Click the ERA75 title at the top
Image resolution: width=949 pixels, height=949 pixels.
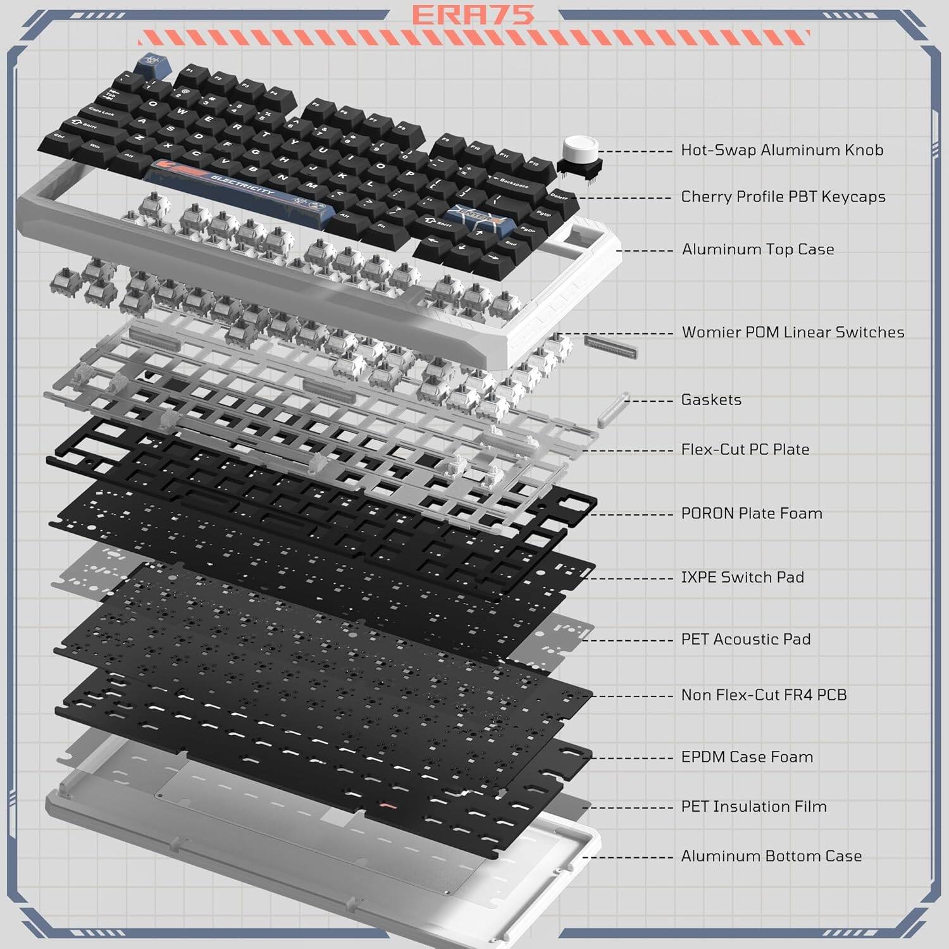pos(473,15)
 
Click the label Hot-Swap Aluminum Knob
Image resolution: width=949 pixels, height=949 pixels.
pos(782,151)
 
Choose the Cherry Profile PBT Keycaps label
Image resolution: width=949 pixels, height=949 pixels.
pos(783,197)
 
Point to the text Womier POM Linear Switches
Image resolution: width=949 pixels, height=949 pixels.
pos(793,333)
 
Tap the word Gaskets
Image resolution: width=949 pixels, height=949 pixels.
pos(711,400)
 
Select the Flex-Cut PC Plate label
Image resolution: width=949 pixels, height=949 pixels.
pos(745,450)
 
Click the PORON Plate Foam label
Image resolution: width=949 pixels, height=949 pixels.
pos(752,514)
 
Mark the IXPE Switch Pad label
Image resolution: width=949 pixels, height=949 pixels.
pos(742,578)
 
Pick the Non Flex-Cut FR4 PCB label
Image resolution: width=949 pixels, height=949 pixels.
pos(764,695)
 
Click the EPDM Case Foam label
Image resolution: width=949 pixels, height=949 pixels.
pos(747,757)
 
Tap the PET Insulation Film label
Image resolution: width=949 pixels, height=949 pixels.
pos(754,807)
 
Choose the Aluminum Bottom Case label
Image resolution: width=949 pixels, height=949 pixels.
pos(771,857)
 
